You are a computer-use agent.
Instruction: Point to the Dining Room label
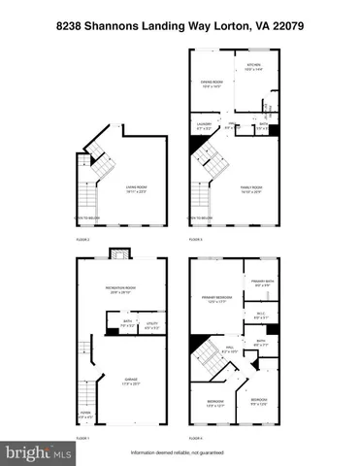pos(212,83)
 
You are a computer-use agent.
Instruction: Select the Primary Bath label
pos(262,283)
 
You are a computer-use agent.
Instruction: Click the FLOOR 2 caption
pos(82,238)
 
